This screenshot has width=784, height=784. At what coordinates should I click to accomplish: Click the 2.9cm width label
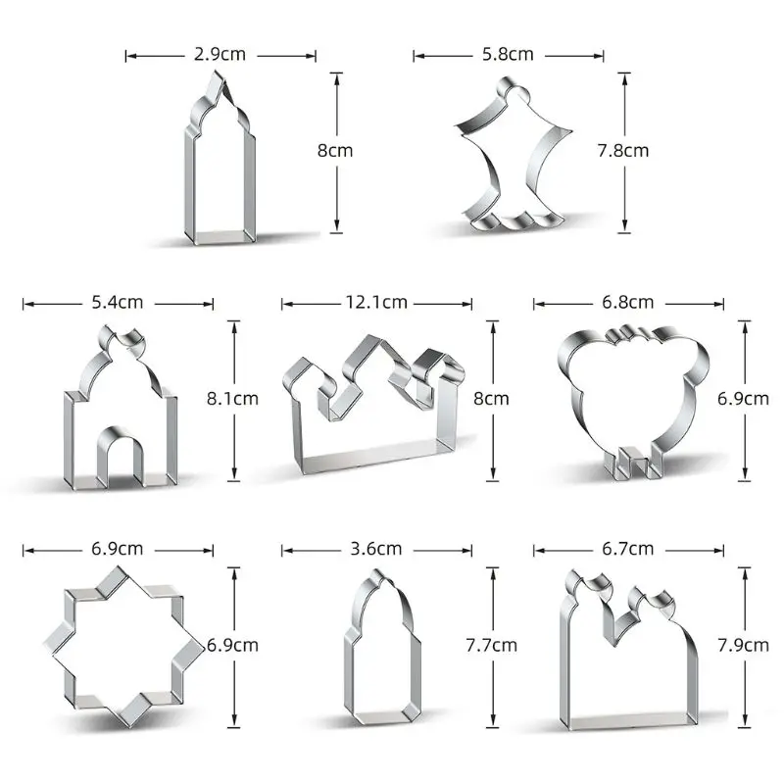click(x=220, y=55)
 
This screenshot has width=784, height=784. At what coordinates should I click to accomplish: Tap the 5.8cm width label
click(x=508, y=55)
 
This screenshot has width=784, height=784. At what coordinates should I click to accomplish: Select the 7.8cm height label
click(x=623, y=151)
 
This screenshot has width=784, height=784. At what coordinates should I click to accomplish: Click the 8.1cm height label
click(x=233, y=399)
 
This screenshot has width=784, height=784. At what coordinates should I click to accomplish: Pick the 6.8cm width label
click(x=628, y=303)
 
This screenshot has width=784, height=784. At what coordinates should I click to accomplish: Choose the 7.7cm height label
click(x=491, y=645)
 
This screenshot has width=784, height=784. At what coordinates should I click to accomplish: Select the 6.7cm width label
click(x=628, y=549)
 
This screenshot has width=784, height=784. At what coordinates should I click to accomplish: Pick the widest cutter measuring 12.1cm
click(x=372, y=412)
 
